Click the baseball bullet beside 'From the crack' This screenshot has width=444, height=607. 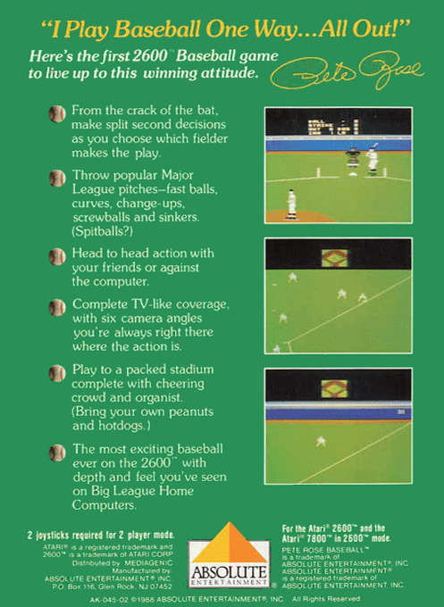[57, 113]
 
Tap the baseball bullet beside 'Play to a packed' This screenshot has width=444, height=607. [57, 373]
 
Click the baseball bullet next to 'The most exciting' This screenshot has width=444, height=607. [57, 452]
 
